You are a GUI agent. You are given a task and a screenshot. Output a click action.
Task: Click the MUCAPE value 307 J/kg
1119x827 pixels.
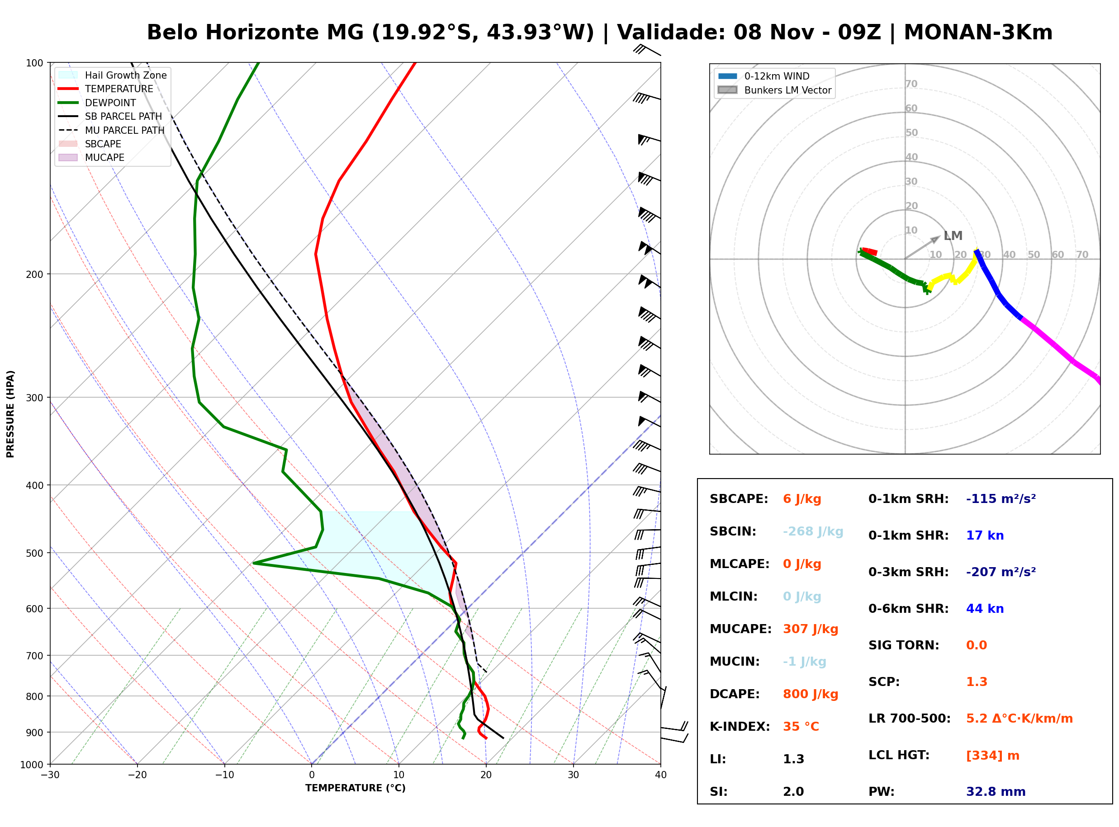[x=811, y=629]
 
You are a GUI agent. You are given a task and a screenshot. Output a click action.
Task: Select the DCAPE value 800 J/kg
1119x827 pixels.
[x=811, y=694]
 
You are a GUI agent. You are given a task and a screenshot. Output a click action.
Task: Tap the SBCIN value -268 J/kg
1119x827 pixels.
[x=813, y=531]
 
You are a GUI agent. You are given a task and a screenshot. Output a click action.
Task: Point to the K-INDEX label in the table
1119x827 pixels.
[x=740, y=727]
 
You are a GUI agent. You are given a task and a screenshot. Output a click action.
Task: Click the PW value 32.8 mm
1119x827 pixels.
[x=996, y=792]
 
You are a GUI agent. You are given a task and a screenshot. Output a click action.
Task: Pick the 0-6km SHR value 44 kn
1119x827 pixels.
[x=985, y=609]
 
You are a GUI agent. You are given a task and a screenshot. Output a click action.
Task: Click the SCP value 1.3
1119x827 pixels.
[x=977, y=682]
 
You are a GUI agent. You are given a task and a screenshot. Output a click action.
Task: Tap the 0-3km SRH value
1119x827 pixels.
[x=1001, y=572]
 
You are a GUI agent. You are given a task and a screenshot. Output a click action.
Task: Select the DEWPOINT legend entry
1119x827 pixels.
[x=97, y=103]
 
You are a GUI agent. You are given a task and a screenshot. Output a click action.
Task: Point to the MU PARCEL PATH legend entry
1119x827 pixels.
[x=111, y=130]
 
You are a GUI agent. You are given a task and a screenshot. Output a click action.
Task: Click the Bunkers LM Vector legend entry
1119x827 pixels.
[x=774, y=90]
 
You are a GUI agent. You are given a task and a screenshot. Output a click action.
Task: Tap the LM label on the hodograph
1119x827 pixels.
[x=953, y=236]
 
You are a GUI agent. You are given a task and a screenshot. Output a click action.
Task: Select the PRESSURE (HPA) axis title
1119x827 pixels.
[x=10, y=414]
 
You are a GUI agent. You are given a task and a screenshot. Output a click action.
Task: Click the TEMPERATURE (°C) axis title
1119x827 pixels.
[x=356, y=788]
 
